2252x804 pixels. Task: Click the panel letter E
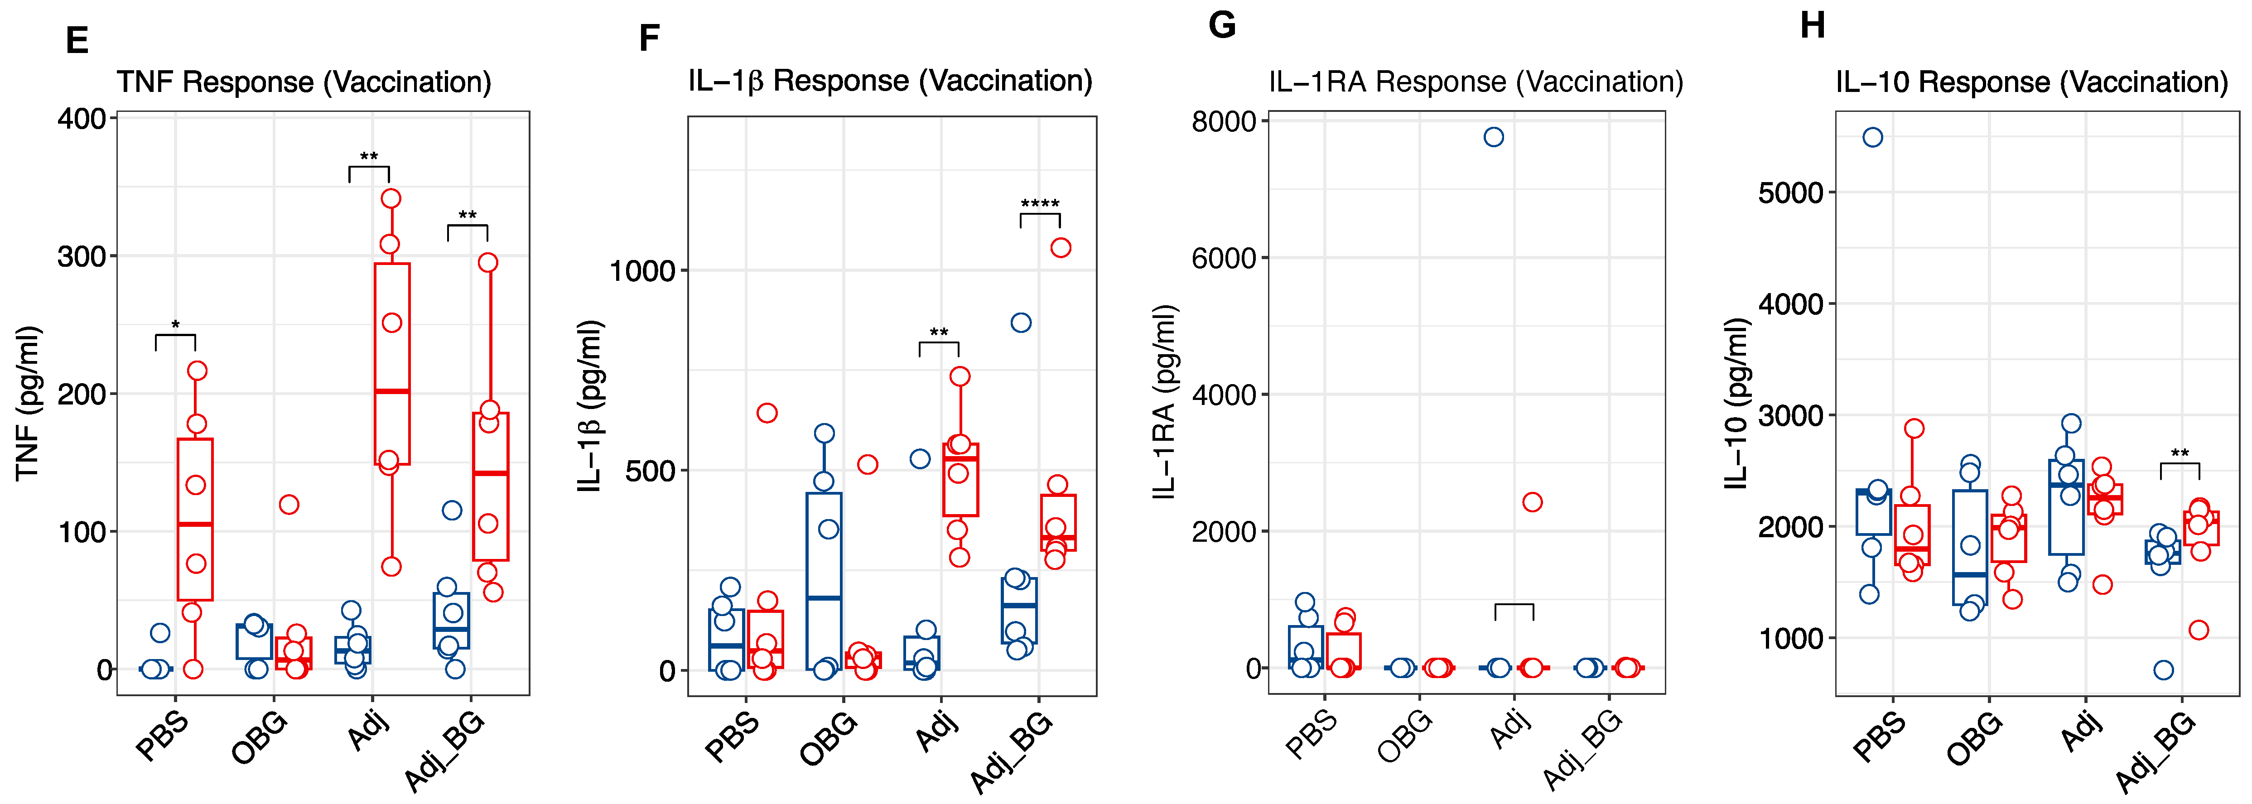[77, 41]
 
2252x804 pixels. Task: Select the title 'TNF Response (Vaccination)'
[304, 82]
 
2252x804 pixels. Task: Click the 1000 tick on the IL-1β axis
[642, 271]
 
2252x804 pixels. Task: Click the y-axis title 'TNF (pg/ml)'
[28, 403]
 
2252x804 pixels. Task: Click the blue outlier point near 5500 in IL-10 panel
[1872, 137]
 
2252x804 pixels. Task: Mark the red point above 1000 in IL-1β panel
[1061, 248]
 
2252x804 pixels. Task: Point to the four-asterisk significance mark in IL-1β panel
[1040, 204]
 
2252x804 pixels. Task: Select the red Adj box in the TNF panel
[392, 364]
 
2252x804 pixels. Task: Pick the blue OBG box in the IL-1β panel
[824, 581]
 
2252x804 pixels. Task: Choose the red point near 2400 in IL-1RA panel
[1532, 502]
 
